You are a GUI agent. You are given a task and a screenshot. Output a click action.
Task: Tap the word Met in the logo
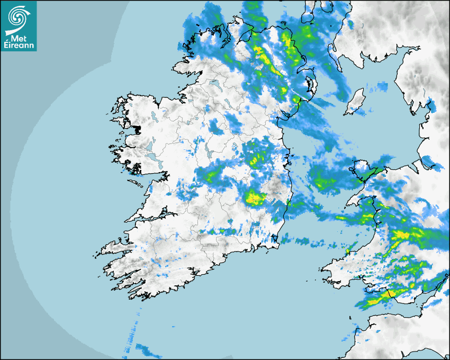[18, 38]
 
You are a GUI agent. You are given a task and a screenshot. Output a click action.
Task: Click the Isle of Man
[355, 102]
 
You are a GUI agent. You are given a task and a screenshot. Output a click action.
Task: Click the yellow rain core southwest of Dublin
[255, 199]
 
